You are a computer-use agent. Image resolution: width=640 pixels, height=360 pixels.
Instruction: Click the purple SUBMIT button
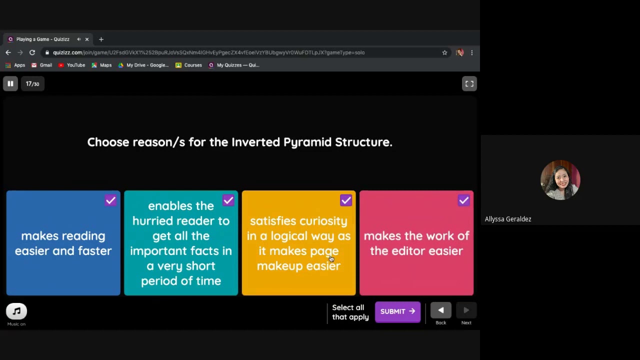(397, 311)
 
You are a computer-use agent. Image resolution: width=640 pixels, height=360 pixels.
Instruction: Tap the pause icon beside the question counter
(10, 84)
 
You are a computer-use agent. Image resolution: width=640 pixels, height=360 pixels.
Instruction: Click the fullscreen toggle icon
(469, 84)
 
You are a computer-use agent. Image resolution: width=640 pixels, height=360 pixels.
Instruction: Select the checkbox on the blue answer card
(110, 200)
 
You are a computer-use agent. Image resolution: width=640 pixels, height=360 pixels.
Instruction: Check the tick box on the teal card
(228, 200)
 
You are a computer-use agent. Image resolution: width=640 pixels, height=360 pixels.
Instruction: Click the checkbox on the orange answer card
(346, 200)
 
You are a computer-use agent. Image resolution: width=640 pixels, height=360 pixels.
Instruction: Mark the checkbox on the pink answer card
(463, 200)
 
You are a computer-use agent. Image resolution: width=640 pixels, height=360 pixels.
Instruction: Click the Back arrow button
(440, 310)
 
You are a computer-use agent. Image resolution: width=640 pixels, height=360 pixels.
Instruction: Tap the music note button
(16, 311)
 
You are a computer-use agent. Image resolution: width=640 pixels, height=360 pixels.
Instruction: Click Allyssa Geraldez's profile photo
(560, 180)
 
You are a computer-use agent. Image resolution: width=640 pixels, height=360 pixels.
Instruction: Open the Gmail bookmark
(41, 65)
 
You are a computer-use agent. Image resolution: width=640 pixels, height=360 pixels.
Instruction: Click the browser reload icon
(32, 52)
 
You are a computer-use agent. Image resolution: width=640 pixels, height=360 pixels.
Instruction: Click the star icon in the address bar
(444, 52)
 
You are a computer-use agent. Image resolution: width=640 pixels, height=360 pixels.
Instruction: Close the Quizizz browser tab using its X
(87, 39)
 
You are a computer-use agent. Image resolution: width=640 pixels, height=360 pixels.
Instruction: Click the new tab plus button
(101, 39)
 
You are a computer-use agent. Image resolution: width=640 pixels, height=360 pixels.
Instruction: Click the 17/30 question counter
(32, 84)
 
